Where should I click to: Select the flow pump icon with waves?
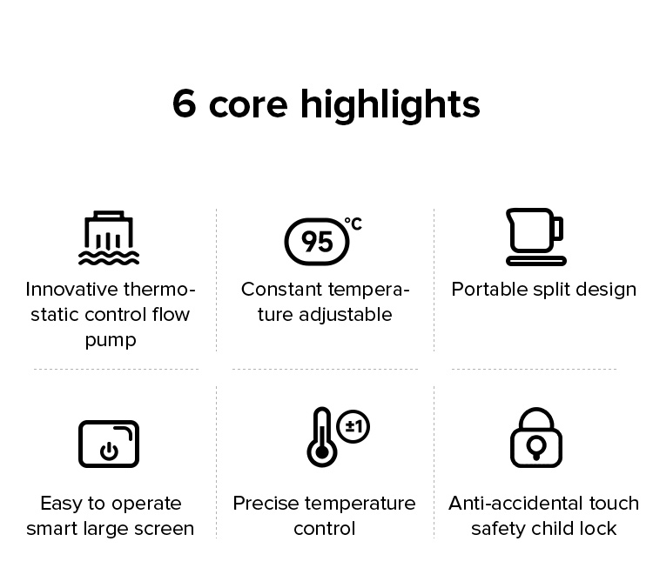pos(109,237)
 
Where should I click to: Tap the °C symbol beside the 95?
pos(353,224)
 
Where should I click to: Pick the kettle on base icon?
pos(535,237)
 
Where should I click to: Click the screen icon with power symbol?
pos(109,444)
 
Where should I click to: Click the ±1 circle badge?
pos(353,426)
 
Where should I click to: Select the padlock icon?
pos(535,438)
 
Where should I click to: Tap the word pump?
pos(111,339)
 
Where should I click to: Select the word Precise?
pos(265,504)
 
